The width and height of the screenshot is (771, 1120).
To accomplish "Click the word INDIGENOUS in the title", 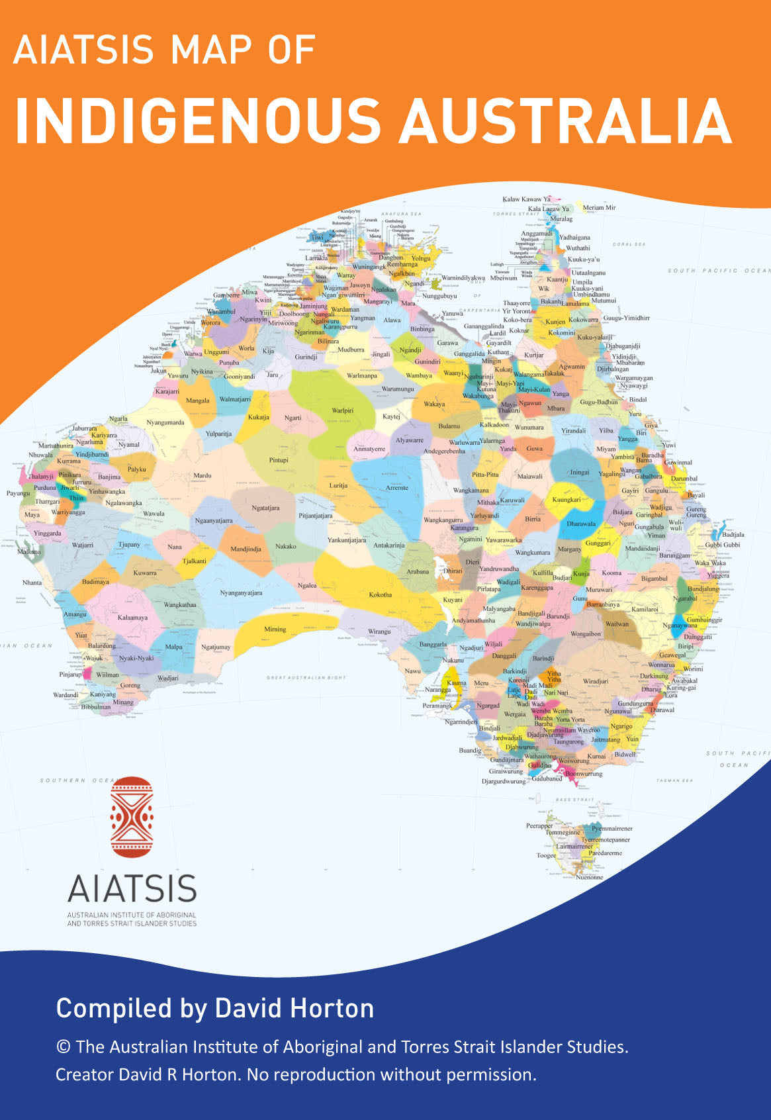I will pos(197,121).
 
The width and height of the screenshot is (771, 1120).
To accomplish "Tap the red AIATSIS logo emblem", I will pos(132,817).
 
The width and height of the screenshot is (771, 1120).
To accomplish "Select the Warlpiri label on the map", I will pos(342,410).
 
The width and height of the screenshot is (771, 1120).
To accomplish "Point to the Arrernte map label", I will pos(397,488).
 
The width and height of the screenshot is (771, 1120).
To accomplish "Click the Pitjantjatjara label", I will pos(316,516).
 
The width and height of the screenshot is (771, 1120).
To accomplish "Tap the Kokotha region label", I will pos(381,594).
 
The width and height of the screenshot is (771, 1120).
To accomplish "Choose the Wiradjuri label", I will pos(596,681).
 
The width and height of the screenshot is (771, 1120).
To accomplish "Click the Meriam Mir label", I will pos(599,207).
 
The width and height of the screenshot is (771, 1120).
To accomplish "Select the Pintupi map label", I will pos(279,460).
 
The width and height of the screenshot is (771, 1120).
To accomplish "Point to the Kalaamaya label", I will pos(132,618).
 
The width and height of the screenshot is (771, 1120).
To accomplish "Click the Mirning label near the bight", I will pos(275,630).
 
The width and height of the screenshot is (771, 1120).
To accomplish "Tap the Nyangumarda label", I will pos(165,422).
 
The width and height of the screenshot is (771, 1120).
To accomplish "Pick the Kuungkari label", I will pos(567,500).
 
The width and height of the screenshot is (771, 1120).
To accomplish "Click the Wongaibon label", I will pos(586,633).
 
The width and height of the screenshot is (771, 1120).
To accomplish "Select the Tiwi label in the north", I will pos(318,237).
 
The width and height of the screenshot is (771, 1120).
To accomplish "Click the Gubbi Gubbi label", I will pos(722,545).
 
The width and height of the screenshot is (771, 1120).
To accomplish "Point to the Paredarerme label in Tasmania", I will pos(605,853).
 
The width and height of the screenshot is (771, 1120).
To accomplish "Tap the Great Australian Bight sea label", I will pos(306,678).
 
